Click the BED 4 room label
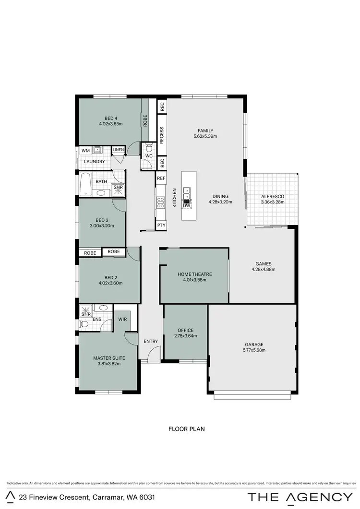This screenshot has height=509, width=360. click(x=111, y=118)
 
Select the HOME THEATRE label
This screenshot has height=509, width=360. click(x=194, y=274)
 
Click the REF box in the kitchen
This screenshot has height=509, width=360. click(x=161, y=178)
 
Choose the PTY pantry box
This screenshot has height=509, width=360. click(x=161, y=225)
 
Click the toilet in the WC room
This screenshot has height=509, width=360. click(x=148, y=147)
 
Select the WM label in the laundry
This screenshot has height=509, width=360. click(x=85, y=151)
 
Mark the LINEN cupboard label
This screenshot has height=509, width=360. click(x=118, y=150)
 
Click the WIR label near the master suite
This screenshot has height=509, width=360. click(x=122, y=318)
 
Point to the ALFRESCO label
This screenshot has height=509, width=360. click(x=272, y=196)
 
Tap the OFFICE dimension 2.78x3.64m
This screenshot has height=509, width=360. click(x=185, y=336)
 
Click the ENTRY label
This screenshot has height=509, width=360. click(x=151, y=341)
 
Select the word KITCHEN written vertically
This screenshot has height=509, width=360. click(x=175, y=198)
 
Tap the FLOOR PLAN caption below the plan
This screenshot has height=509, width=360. click(x=186, y=429)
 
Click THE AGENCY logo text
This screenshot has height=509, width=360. click(x=300, y=497)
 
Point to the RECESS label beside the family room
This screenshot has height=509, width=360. click(x=162, y=136)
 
